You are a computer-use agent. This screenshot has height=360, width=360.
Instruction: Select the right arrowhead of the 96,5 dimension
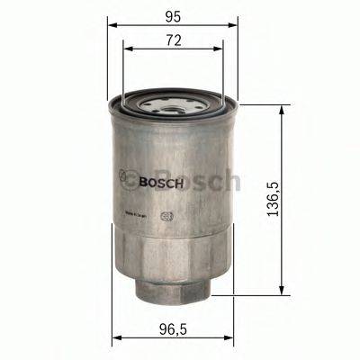click(x=231, y=341)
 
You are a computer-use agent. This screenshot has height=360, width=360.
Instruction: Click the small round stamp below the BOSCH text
click(x=164, y=215)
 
